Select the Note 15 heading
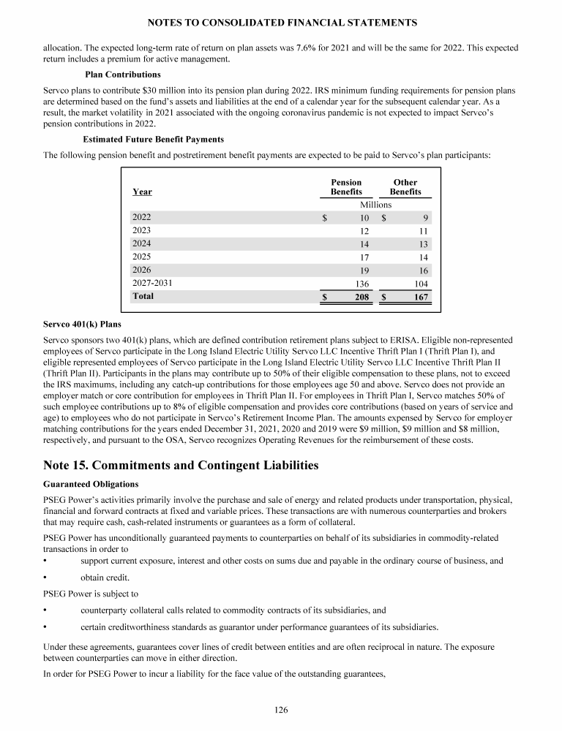[x=181, y=464]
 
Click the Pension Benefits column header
[x=346, y=187]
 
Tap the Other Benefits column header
[x=405, y=187]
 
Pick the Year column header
[x=142, y=192]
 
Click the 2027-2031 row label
[x=152, y=283]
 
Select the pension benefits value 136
[x=361, y=284]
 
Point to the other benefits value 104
[x=421, y=284]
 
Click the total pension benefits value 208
[x=361, y=298]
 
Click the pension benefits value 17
[x=364, y=257]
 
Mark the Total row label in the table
[x=143, y=297]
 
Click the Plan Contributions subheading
[x=123, y=75]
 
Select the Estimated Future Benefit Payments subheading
[x=154, y=139]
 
